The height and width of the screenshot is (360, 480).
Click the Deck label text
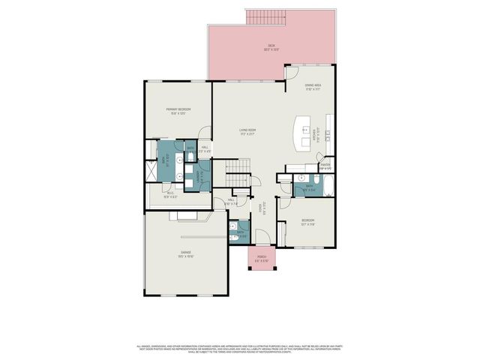[x=271, y=48]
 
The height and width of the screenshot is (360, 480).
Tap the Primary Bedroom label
[x=178, y=112]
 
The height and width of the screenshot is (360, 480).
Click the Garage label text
[x=185, y=253]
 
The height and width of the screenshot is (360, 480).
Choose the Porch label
[x=262, y=258]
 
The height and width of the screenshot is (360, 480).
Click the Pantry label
[x=325, y=166]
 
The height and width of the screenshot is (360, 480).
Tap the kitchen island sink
[x=306, y=130]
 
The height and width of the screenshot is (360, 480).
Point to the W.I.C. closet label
[x=170, y=194]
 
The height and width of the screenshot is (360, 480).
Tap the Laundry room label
[x=198, y=177]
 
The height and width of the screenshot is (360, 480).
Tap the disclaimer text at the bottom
[x=240, y=349]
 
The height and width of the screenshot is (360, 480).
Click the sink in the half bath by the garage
[x=233, y=225]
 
